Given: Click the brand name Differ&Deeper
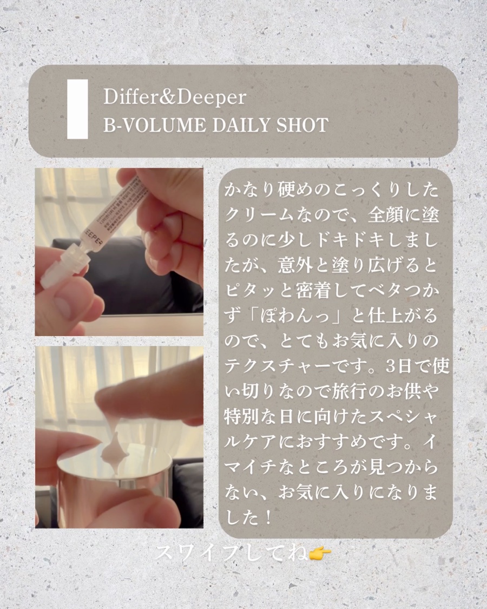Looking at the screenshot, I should coord(174,98).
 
